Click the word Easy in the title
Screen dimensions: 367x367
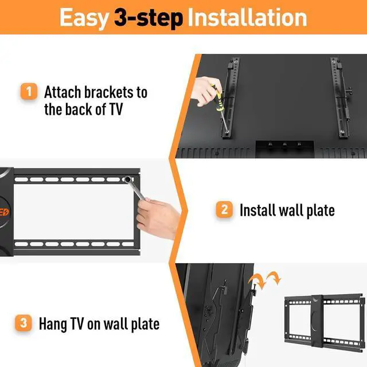[84, 18]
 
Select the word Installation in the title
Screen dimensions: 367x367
[247, 18]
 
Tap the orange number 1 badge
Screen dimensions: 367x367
[28, 92]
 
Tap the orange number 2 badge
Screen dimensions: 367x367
[224, 209]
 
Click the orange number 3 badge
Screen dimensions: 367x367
[24, 323]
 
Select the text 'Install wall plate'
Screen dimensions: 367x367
[287, 210]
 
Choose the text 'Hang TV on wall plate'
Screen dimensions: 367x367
[99, 323]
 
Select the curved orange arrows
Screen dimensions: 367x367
[265, 280]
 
